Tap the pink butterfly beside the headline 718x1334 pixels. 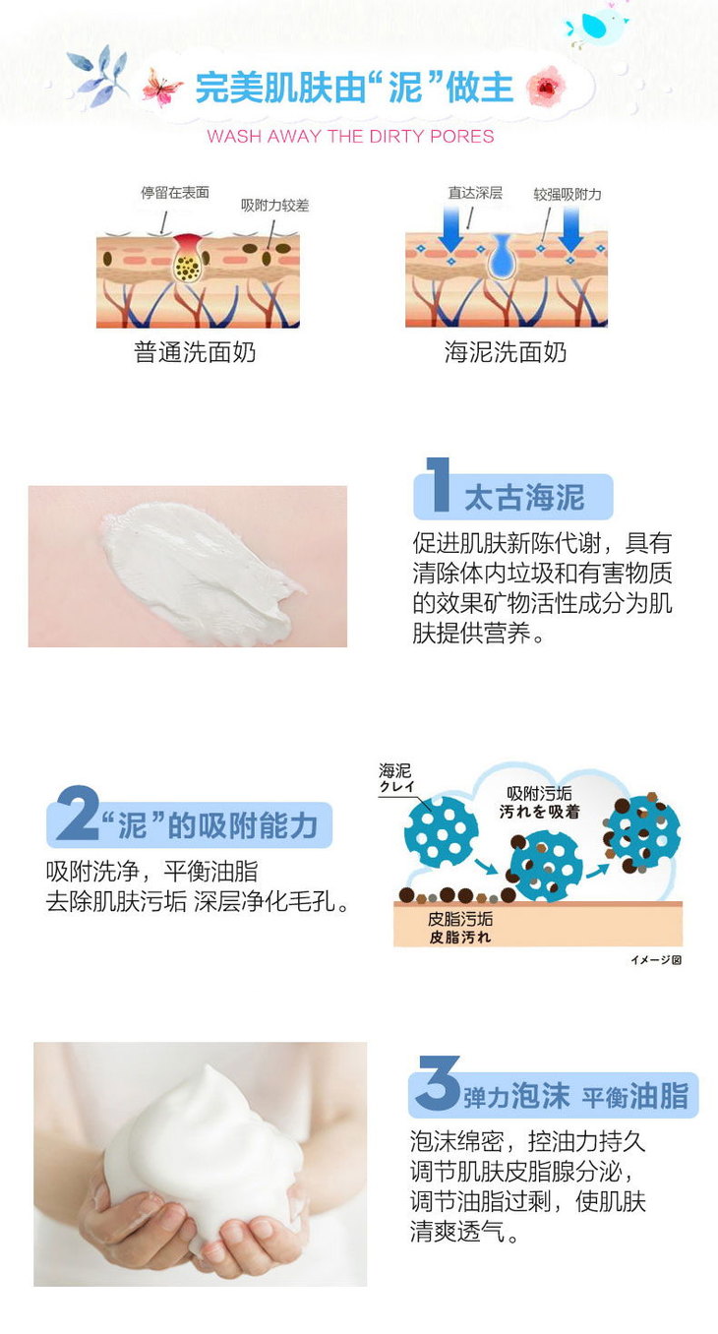[162, 88]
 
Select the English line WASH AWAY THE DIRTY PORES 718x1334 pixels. [351, 137]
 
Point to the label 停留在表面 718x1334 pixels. [175, 193]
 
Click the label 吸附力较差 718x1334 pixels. [275, 206]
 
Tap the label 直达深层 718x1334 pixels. [475, 193]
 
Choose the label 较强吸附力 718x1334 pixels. [568, 195]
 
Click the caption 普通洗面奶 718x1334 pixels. [195, 352]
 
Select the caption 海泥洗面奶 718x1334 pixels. [506, 352]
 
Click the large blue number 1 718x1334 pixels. [439, 485]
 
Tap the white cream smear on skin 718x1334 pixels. [197, 571]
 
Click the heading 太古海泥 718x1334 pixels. [524, 497]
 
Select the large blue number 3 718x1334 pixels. [439, 1083]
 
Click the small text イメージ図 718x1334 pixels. [656, 960]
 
